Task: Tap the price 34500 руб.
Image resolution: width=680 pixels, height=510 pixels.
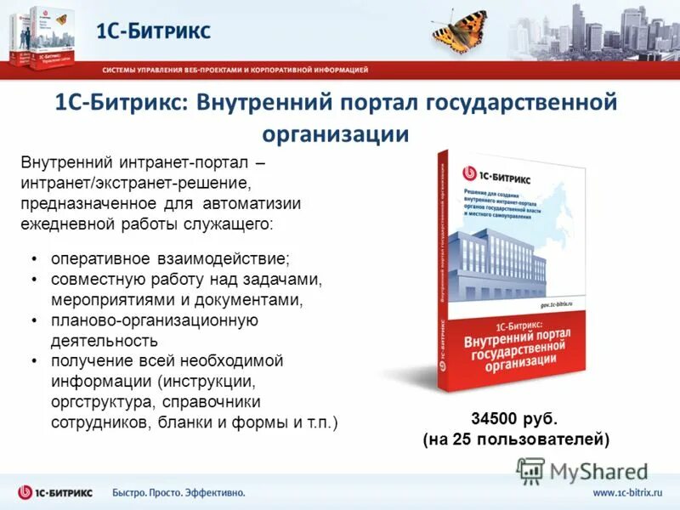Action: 514,418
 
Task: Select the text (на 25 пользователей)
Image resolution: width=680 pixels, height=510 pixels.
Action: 516,439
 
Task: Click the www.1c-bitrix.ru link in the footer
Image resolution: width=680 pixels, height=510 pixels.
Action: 628,492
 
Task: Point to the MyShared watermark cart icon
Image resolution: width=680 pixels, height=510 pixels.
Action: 530,470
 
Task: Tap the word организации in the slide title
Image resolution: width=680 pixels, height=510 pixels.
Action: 336,133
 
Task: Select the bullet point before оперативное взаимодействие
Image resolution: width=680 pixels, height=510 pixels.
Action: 33,258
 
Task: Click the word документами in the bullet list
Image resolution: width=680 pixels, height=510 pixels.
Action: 256,299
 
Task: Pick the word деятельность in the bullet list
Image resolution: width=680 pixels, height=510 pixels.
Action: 104,341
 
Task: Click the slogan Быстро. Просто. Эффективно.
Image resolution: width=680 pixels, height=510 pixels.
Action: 178,492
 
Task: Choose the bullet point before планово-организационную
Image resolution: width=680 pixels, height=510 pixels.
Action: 33,320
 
